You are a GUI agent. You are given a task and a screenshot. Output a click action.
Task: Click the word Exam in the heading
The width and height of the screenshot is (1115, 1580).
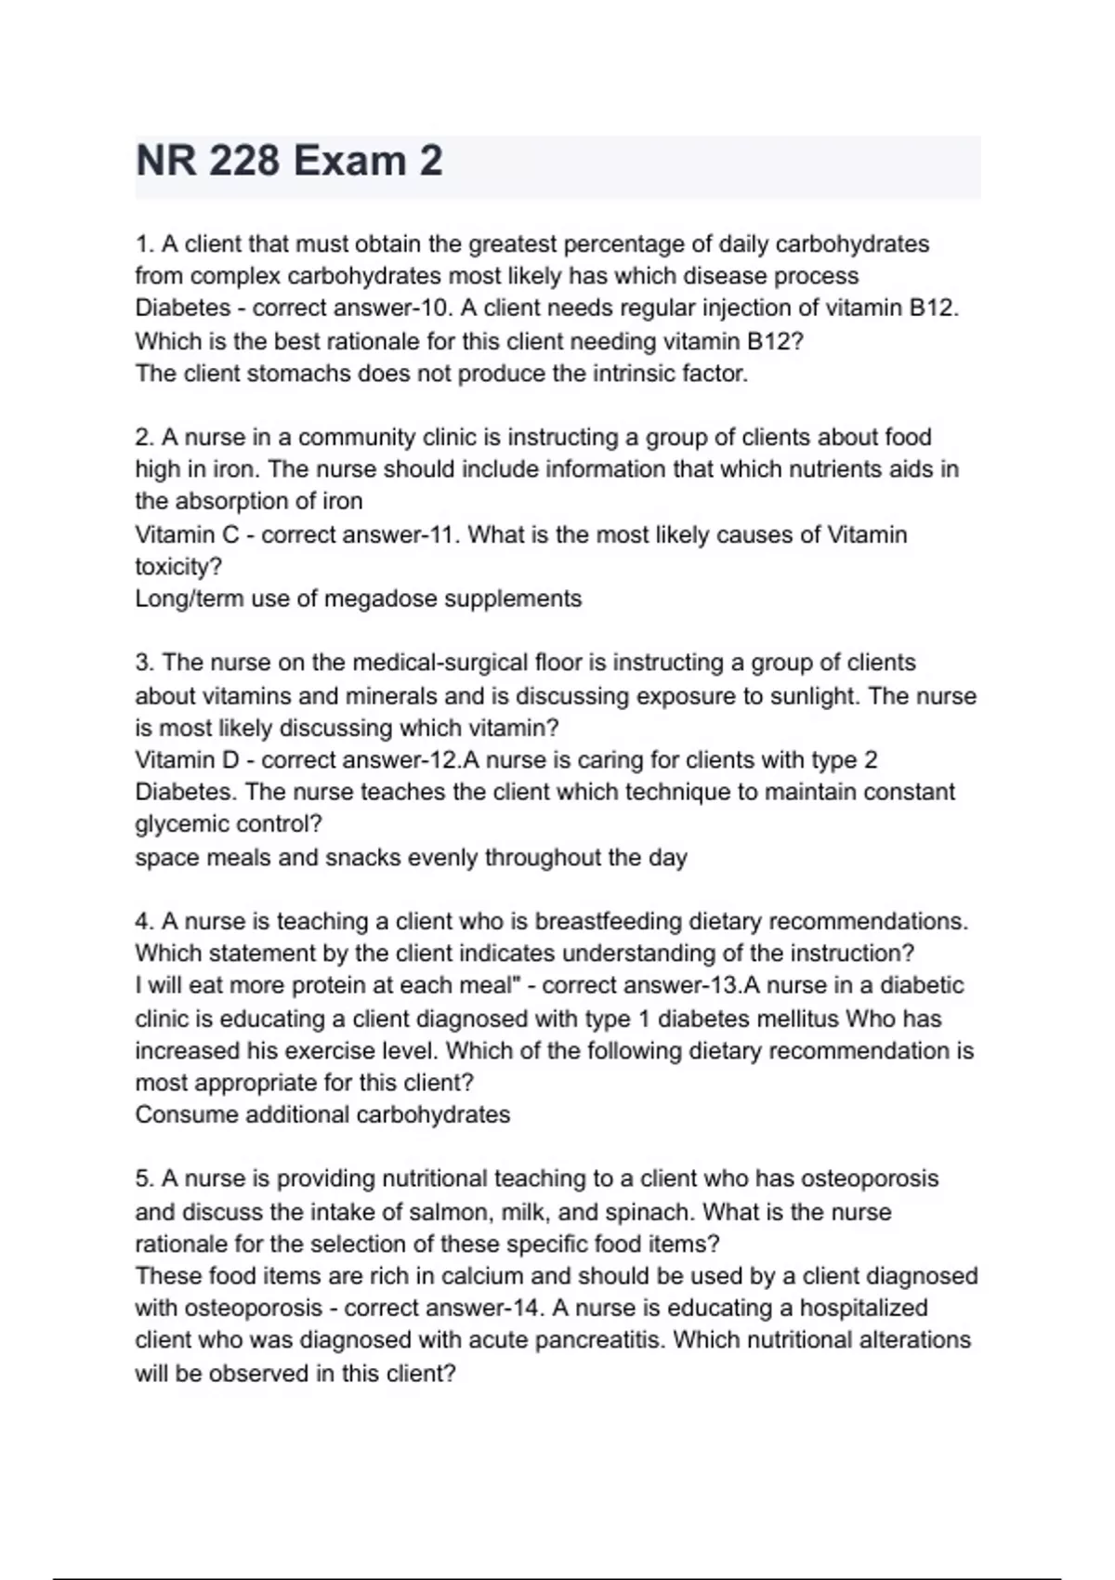(349, 161)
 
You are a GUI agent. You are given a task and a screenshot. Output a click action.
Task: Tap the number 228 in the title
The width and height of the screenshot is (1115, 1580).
(243, 161)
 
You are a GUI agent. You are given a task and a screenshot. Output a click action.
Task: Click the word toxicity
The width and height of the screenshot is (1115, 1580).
(177, 567)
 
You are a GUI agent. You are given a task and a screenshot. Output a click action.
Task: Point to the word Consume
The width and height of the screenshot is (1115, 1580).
(186, 1114)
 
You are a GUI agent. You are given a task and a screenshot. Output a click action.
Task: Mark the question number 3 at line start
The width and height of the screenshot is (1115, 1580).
(144, 663)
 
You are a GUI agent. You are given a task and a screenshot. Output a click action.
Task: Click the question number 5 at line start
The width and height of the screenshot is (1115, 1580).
(144, 1178)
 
